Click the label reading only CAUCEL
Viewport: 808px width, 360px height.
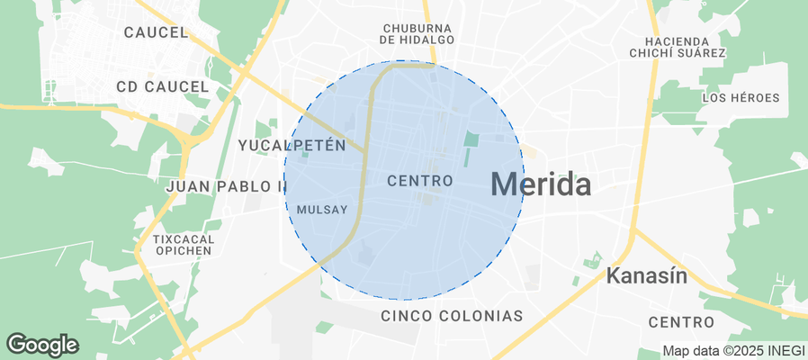pyautogui.click(x=156, y=32)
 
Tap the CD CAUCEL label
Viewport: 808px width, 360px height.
pyautogui.click(x=163, y=87)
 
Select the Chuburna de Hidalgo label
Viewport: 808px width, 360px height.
pyautogui.click(x=417, y=34)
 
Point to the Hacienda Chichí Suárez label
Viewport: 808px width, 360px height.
pyautogui.click(x=686, y=47)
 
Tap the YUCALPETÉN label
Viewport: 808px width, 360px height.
pyautogui.click(x=292, y=145)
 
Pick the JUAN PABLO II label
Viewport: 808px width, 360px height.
pyautogui.click(x=226, y=186)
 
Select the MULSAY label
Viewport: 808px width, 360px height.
pyautogui.click(x=321, y=210)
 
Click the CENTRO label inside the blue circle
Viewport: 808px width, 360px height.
pyautogui.click(x=419, y=181)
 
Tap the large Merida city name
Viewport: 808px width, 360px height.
pyautogui.click(x=541, y=185)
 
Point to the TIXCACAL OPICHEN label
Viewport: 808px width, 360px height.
pyautogui.click(x=182, y=245)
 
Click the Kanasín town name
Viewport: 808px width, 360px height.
pyautogui.click(x=647, y=275)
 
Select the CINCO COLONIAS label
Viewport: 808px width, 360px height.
pyautogui.click(x=452, y=316)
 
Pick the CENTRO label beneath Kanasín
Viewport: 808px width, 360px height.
pyautogui.click(x=681, y=322)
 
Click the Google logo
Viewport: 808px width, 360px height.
pyautogui.click(x=42, y=344)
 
